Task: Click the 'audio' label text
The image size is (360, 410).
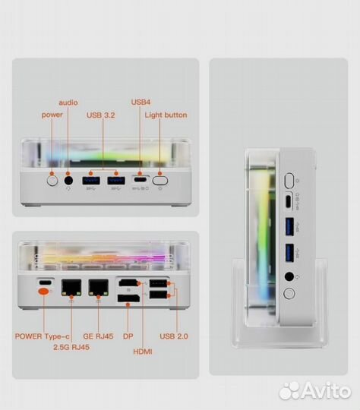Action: [x=68, y=102]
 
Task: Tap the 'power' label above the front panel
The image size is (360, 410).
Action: [x=52, y=115]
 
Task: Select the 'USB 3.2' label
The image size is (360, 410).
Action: [x=101, y=115]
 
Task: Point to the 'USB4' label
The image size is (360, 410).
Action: [x=141, y=102]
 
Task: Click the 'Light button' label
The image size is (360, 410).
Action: [x=166, y=115]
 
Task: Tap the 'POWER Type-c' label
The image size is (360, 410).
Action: [x=42, y=336]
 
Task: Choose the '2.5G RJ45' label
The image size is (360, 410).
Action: [x=71, y=347]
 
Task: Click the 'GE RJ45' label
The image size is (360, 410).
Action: [x=98, y=336]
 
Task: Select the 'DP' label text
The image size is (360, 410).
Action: [x=128, y=336]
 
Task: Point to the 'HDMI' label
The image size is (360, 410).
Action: [x=143, y=352]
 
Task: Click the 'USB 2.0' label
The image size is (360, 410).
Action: [x=174, y=336]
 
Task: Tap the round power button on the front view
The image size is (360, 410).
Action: [x=52, y=181]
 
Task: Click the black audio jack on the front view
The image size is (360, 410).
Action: [x=68, y=181]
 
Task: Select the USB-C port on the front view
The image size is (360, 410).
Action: [x=141, y=180]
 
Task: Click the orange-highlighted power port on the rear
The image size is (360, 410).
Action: [x=43, y=292]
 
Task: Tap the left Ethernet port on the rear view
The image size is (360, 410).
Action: [x=71, y=288]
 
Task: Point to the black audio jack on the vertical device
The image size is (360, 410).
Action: [x=289, y=276]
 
